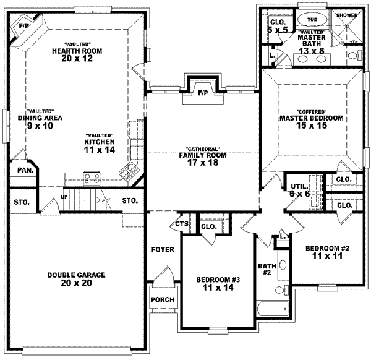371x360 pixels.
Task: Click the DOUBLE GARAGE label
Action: point(79,275)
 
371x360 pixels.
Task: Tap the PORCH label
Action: point(162,300)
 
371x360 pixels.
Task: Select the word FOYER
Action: point(162,249)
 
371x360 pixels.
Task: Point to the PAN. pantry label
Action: point(24,169)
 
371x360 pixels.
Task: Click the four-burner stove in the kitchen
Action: point(92,178)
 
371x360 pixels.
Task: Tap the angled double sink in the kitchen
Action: point(131,172)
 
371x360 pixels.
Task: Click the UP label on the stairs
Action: point(64,197)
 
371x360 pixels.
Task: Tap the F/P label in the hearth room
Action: point(25,26)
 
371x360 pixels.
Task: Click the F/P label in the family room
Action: point(202,93)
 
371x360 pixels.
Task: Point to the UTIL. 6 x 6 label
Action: point(301,190)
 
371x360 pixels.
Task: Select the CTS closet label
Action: point(181,223)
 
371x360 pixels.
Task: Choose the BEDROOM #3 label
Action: point(218,283)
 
